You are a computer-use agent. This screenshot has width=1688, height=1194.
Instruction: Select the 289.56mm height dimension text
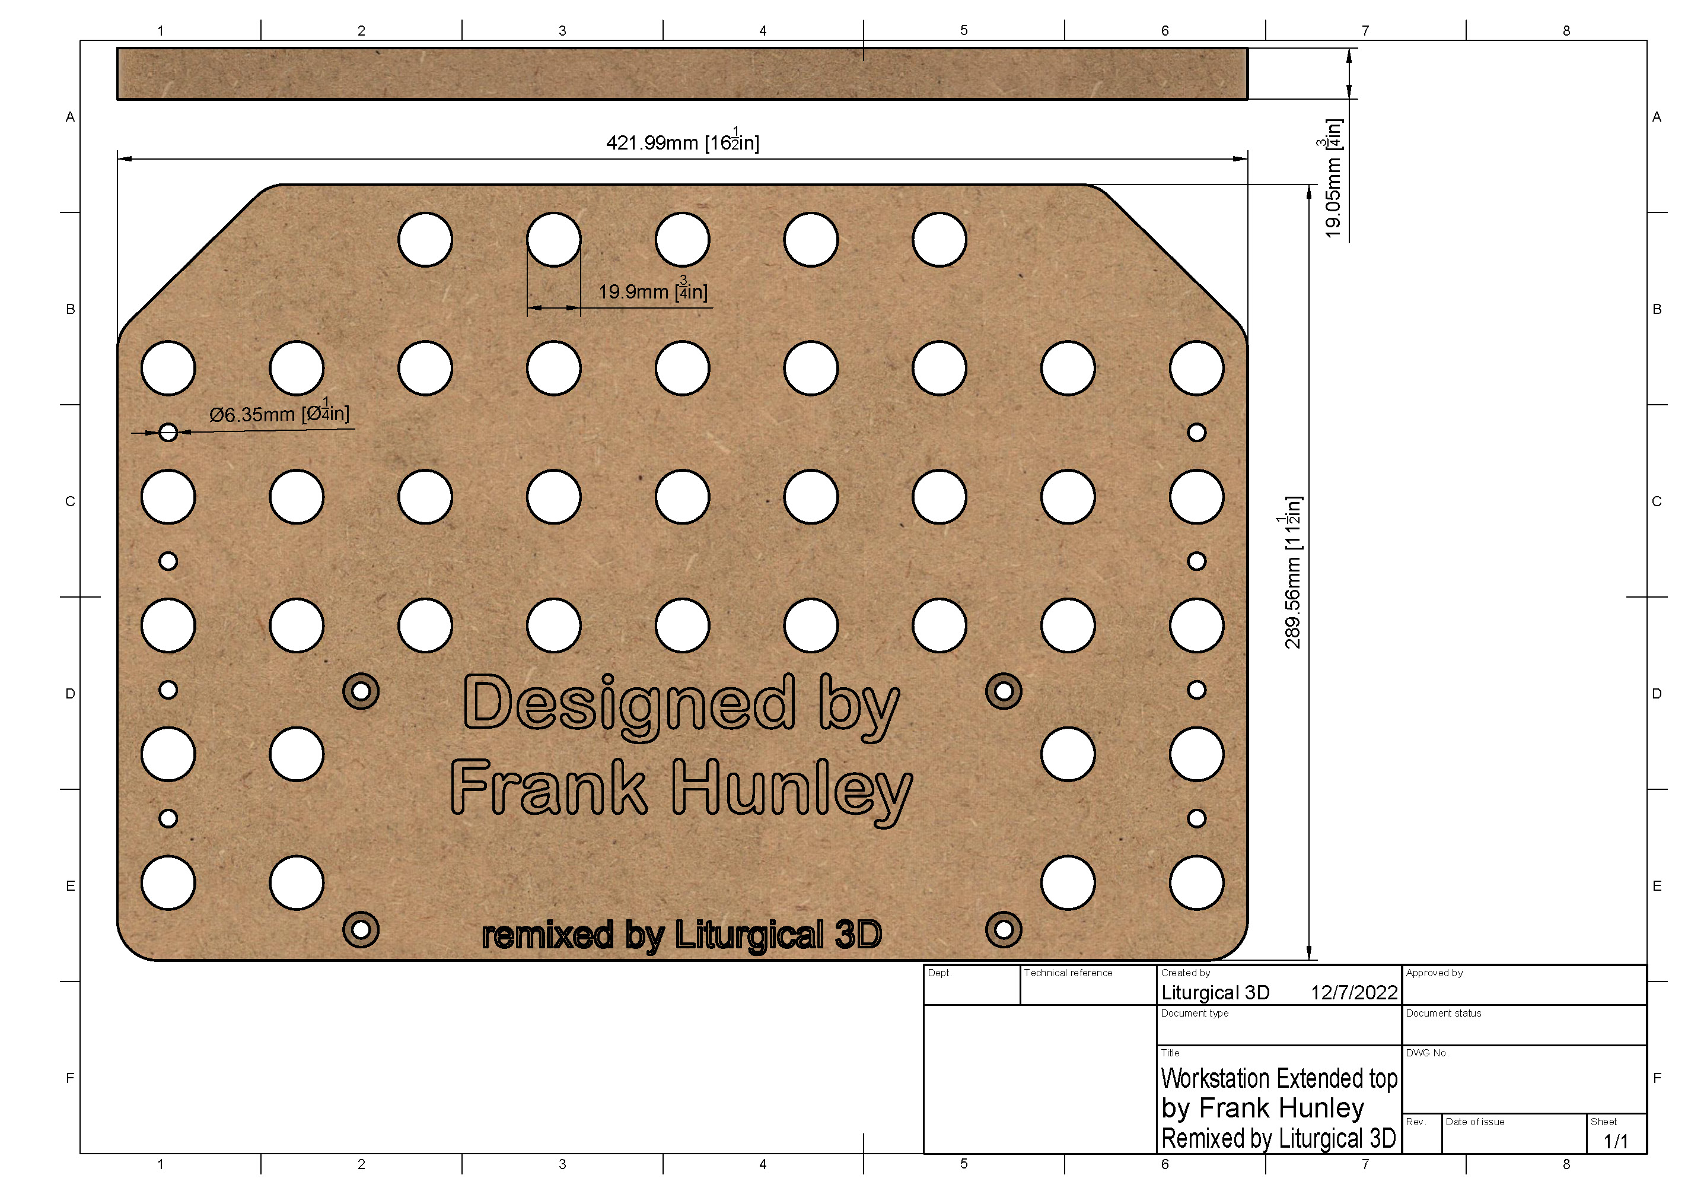(1292, 572)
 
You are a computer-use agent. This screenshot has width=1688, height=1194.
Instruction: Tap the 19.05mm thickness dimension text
(1332, 179)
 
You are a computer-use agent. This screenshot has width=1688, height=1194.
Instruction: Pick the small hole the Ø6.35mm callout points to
(168, 432)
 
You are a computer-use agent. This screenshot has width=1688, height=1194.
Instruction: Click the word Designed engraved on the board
(629, 704)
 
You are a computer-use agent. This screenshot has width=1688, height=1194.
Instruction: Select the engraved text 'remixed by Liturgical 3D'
(681, 935)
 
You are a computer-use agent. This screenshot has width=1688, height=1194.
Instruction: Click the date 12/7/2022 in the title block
(1353, 992)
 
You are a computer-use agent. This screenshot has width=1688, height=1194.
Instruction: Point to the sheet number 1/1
(1615, 1141)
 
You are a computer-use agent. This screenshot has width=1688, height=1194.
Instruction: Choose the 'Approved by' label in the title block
(1434, 973)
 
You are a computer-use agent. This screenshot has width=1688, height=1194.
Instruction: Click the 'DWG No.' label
(1427, 1053)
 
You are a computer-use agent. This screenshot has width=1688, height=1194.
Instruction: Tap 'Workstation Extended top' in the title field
(1279, 1078)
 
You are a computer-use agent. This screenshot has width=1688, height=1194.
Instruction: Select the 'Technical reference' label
(1068, 973)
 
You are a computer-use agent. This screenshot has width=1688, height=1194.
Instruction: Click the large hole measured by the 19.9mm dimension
(553, 239)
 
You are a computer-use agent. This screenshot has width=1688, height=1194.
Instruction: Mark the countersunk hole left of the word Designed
(361, 691)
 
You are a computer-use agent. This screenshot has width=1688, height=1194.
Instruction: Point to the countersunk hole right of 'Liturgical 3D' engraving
(1004, 930)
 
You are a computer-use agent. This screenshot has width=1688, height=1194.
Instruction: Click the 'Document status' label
(1443, 1013)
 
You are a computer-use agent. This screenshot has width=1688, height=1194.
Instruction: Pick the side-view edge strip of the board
(682, 74)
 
